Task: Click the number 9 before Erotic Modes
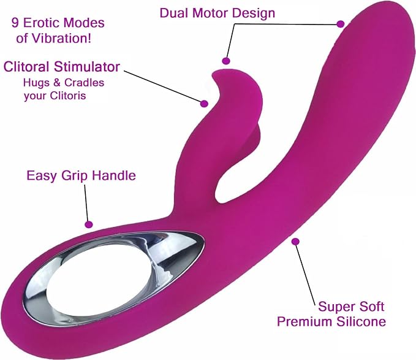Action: pyautogui.click(x=15, y=23)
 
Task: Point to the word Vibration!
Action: pyautogui.click(x=61, y=38)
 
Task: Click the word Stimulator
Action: pyautogui.click(x=87, y=67)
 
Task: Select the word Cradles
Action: pyautogui.click(x=84, y=83)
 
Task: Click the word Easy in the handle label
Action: pyautogui.click(x=42, y=176)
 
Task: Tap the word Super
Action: pyautogui.click(x=335, y=307)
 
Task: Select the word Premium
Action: pyautogui.click(x=305, y=321)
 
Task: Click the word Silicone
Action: pyautogui.click(x=361, y=321)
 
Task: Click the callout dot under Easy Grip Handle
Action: pyautogui.click(x=89, y=224)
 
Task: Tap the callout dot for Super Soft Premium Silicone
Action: pyautogui.click(x=295, y=242)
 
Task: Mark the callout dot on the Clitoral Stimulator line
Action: pyautogui.click(x=204, y=104)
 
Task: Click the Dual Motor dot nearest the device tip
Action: pyautogui.click(x=341, y=24)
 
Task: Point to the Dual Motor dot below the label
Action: pyautogui.click(x=226, y=61)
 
